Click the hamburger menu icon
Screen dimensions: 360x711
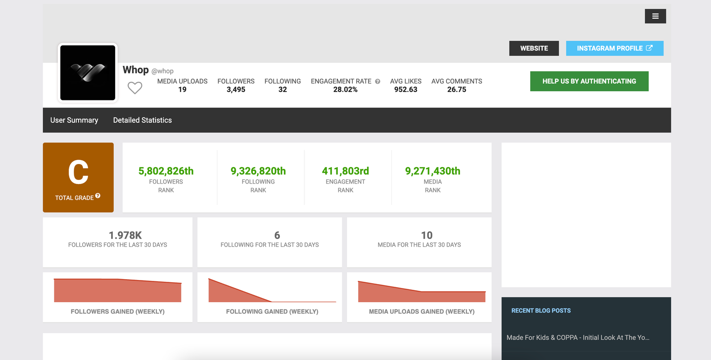(x=655, y=16)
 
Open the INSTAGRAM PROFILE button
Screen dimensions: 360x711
(x=614, y=48)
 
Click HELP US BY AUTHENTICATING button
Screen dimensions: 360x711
(x=589, y=81)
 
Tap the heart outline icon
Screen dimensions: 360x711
(x=135, y=88)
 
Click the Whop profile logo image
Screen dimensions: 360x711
(x=88, y=73)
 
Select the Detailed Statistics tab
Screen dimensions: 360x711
(x=142, y=120)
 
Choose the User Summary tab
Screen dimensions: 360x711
(x=74, y=120)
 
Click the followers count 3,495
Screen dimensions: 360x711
(x=236, y=90)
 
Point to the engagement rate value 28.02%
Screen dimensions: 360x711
(x=345, y=90)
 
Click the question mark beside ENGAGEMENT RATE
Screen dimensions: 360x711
(x=378, y=81)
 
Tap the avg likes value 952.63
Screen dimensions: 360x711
(x=405, y=90)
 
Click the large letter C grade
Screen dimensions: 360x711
(x=78, y=172)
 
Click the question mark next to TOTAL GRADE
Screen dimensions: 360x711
(x=98, y=196)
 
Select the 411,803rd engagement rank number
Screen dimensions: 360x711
(x=345, y=171)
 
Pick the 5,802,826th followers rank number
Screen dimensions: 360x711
(x=166, y=171)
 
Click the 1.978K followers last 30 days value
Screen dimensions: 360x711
(x=125, y=235)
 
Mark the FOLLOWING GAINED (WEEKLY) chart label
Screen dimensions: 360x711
(x=272, y=312)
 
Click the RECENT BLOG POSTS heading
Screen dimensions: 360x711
(x=541, y=311)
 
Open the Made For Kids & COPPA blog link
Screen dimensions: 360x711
(x=578, y=338)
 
